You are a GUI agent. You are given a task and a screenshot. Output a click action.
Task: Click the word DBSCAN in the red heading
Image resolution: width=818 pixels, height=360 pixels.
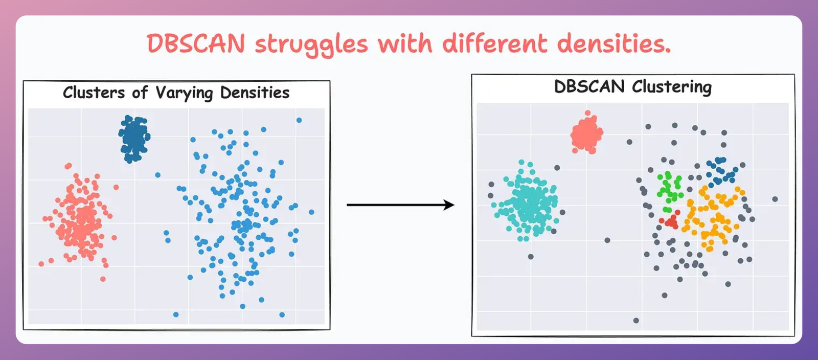tap(196, 44)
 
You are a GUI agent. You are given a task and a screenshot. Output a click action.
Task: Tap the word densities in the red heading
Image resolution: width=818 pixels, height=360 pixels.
tap(613, 44)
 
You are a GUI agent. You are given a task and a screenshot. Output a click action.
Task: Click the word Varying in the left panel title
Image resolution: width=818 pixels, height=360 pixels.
tap(184, 93)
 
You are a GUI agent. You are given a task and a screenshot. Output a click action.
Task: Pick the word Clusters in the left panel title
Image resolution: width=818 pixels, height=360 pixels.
tap(94, 93)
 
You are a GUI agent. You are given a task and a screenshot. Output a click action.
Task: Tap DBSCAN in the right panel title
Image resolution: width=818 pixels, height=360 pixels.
tap(589, 86)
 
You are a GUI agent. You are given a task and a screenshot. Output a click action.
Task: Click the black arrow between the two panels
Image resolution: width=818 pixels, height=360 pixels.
tap(400, 205)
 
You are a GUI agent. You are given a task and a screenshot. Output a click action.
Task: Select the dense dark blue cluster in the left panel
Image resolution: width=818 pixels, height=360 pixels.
tap(134, 139)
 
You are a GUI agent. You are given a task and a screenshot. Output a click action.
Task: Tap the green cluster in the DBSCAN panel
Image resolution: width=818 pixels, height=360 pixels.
tap(669, 187)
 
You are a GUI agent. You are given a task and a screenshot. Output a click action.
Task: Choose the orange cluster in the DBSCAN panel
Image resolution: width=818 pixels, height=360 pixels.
tap(713, 215)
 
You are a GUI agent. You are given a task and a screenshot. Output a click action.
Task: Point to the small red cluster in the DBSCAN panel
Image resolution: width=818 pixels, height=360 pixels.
tap(671, 221)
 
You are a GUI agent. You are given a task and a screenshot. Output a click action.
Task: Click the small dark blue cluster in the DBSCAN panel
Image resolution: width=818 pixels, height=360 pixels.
tap(721, 170)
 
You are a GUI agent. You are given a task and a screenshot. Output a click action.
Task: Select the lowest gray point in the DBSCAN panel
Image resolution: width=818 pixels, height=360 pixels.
tap(636, 321)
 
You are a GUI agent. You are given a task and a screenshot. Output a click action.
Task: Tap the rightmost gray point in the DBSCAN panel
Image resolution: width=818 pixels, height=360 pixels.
tap(775, 199)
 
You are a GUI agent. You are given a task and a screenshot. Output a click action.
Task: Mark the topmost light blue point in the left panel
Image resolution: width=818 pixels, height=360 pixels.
tap(299, 120)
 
